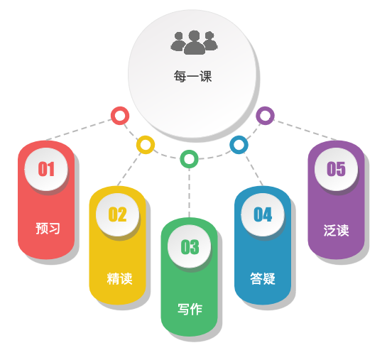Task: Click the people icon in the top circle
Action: (x=195, y=43)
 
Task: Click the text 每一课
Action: (x=192, y=76)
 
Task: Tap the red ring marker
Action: (x=120, y=116)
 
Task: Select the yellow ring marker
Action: (x=146, y=145)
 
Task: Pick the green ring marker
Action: (x=189, y=159)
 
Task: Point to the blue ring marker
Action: (x=239, y=145)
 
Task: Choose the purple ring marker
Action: (x=265, y=116)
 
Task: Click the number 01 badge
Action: (x=46, y=169)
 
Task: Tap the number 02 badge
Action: (x=117, y=214)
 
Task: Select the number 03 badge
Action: (x=190, y=246)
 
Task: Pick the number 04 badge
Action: (x=263, y=214)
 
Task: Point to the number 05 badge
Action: (x=336, y=169)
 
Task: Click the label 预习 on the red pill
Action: (x=48, y=228)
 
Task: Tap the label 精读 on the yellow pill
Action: (x=120, y=279)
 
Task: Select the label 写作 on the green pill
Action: (x=190, y=309)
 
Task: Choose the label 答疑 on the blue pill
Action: (x=263, y=278)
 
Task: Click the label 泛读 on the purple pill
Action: (x=336, y=231)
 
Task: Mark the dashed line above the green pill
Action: (x=189, y=193)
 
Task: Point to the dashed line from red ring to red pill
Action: (x=79, y=129)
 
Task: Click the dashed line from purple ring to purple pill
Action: (x=305, y=130)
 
